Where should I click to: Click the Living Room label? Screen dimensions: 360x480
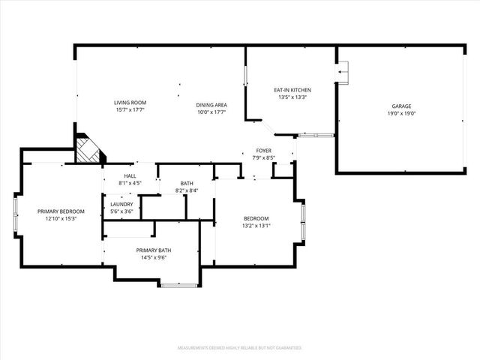click(x=129, y=103)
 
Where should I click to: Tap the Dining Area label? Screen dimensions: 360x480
click(x=211, y=105)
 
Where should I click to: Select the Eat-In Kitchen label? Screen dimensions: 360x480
click(x=292, y=90)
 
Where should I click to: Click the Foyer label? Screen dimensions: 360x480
click(x=263, y=151)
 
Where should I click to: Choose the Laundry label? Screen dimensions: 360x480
click(x=121, y=204)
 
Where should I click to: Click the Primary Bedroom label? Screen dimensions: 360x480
click(x=61, y=211)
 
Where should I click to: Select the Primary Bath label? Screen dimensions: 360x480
click(x=153, y=250)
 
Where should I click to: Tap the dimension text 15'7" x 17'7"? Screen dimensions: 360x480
click(x=129, y=110)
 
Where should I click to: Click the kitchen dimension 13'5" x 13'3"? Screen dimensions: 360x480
click(x=292, y=97)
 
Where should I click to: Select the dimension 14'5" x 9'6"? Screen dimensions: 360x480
click(x=153, y=257)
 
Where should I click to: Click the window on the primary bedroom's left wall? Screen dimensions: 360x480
click(x=16, y=214)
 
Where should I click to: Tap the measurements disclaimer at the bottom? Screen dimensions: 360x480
click(x=239, y=349)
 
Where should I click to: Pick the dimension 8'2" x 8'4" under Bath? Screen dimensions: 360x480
click(x=187, y=190)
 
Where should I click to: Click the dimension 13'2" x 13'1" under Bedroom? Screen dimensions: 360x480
click(x=256, y=226)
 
